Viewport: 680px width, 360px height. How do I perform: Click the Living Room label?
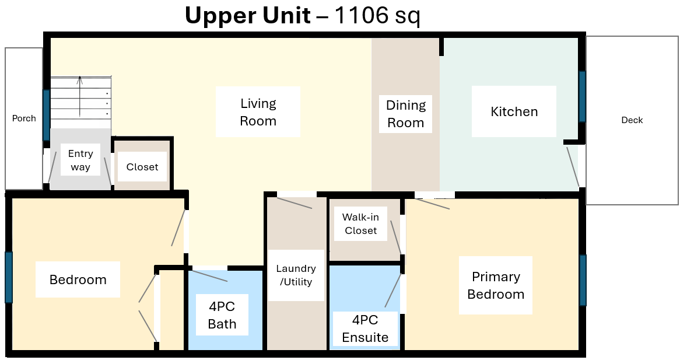258,112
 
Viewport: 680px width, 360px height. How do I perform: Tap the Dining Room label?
406,114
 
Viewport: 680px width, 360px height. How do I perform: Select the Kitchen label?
514,111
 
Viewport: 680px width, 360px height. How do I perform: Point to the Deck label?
632,120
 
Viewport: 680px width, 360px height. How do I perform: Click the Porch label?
24,118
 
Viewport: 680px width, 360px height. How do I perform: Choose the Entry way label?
80,160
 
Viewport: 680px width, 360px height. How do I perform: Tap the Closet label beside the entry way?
142,167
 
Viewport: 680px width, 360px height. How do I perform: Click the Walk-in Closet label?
361,224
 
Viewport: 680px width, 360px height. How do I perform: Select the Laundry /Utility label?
296,275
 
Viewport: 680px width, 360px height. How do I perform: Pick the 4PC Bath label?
222,316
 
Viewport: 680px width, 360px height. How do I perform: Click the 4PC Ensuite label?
365,328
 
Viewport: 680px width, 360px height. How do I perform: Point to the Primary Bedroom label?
496,285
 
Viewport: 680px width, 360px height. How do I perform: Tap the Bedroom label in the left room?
78,279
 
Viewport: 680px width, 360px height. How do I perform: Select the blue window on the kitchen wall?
582,96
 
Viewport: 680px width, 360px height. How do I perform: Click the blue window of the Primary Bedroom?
583,280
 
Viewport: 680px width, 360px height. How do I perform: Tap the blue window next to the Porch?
46,115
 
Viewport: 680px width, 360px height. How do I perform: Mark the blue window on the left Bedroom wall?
9,277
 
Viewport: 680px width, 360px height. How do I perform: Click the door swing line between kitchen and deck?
573,167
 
